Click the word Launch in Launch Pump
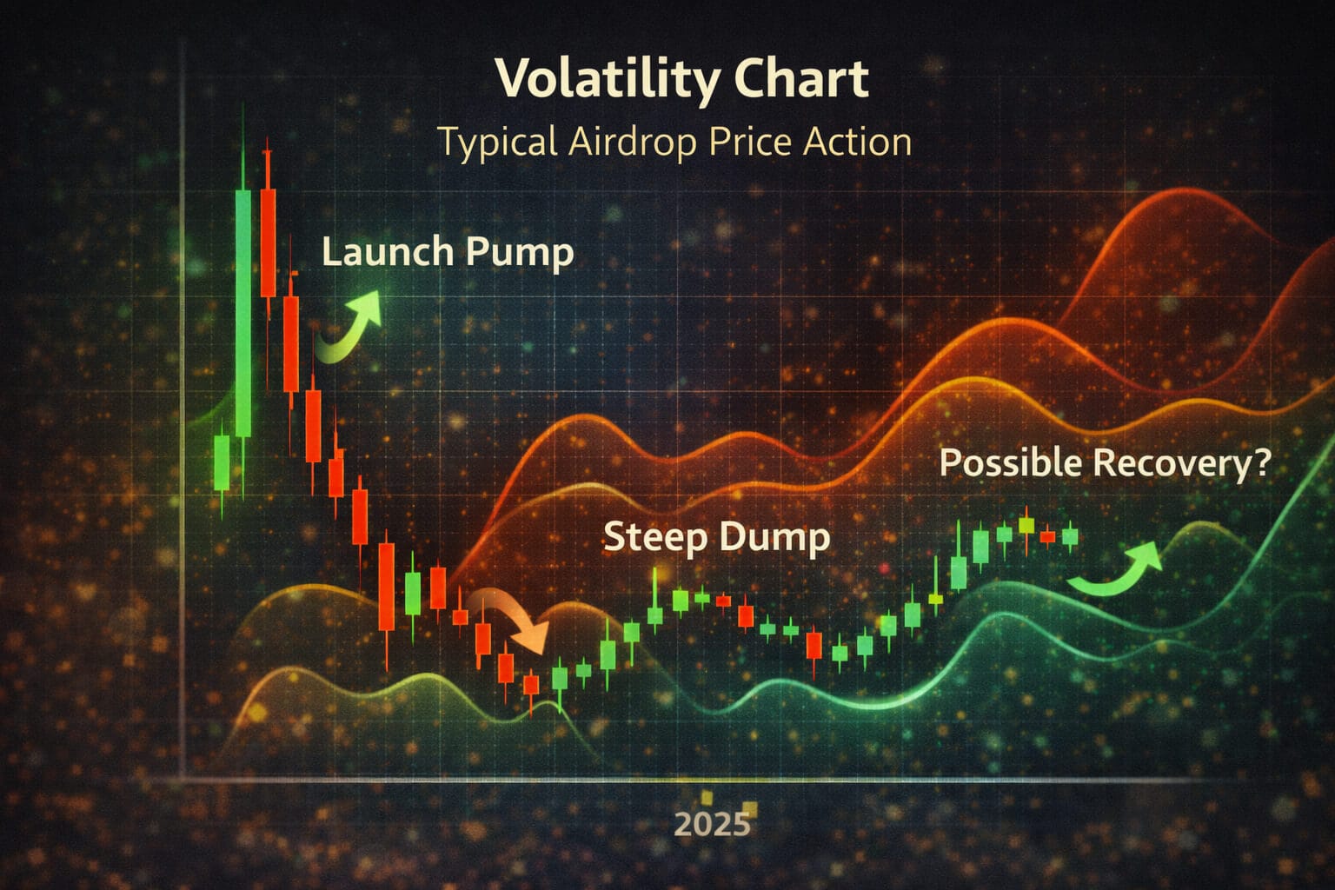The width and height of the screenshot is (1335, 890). [388, 252]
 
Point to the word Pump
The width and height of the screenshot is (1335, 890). [519, 253]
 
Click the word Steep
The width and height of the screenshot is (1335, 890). [654, 537]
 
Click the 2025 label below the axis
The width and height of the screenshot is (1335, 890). [712, 823]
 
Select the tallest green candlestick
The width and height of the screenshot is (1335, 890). [243, 313]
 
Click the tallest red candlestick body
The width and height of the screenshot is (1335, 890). [268, 243]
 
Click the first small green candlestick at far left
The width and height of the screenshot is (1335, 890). [222, 463]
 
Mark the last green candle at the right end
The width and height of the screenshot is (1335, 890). [1070, 535]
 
